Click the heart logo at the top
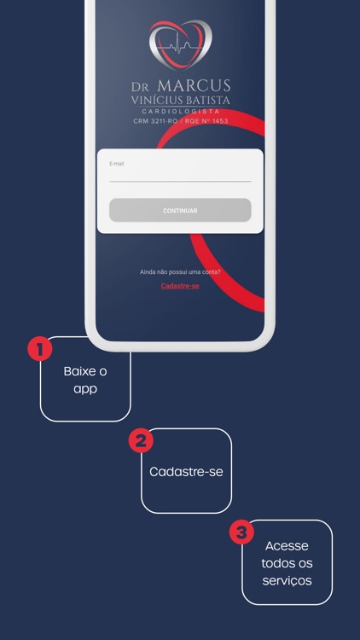(180, 44)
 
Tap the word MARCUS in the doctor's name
(194, 85)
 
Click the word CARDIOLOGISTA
(180, 112)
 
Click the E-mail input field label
(116, 164)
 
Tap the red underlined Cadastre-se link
(180, 286)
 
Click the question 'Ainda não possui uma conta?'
(180, 272)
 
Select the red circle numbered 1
(39, 349)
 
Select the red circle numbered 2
(141, 441)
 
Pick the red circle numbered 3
(241, 532)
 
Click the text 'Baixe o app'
(85, 381)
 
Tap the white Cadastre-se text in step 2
(186, 472)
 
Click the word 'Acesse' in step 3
(287, 546)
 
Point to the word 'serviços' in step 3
(287, 581)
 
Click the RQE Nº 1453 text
(206, 121)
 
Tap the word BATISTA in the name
(207, 100)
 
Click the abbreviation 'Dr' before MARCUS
(140, 87)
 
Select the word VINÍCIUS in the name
(156, 100)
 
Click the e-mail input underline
(180, 181)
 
